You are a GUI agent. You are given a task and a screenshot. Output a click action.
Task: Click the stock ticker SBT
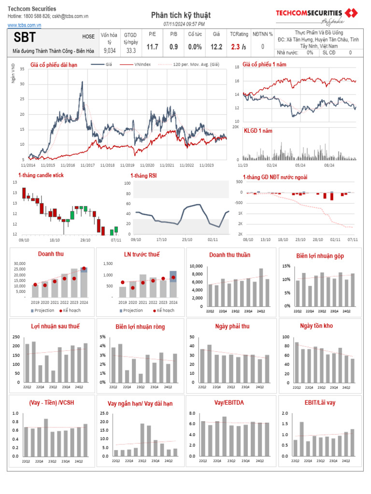tap(24, 38)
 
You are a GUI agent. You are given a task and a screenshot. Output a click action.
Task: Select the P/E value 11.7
tap(152, 47)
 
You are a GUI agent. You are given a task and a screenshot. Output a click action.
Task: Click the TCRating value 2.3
tap(235, 47)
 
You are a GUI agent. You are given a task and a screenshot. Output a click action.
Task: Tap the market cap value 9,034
tap(110, 50)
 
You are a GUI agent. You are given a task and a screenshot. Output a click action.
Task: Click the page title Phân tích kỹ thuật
tap(181, 15)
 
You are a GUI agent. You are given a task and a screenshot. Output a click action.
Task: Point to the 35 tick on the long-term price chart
tap(22, 69)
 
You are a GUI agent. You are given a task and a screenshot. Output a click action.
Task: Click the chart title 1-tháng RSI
tap(143, 176)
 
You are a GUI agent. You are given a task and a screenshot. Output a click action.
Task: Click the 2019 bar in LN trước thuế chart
tap(123, 292)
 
